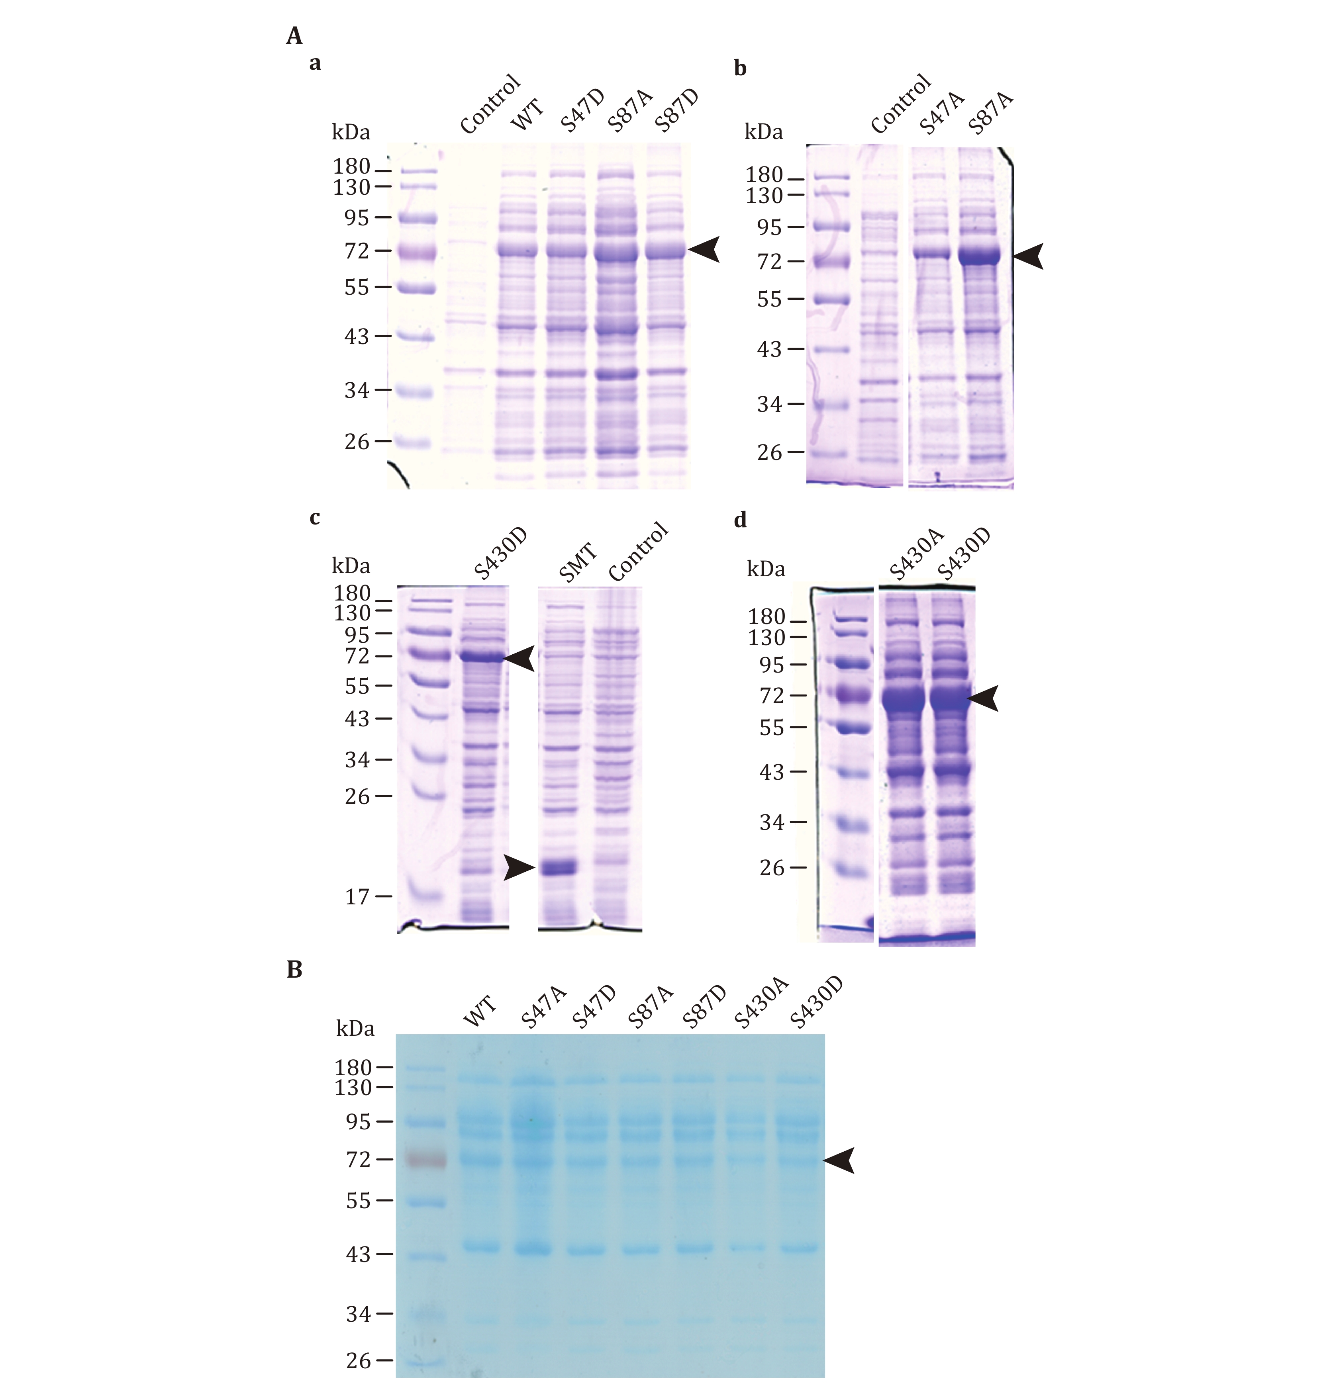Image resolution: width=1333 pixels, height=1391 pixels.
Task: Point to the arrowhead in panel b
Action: click(1029, 256)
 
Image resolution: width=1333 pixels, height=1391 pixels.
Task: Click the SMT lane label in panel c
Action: click(578, 563)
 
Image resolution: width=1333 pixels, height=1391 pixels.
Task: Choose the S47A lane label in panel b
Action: click(942, 113)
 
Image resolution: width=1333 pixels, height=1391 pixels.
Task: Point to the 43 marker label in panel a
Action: click(357, 337)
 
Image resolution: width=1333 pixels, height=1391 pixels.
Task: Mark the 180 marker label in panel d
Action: click(766, 617)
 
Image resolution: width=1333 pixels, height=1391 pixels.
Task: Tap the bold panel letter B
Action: click(294, 969)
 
